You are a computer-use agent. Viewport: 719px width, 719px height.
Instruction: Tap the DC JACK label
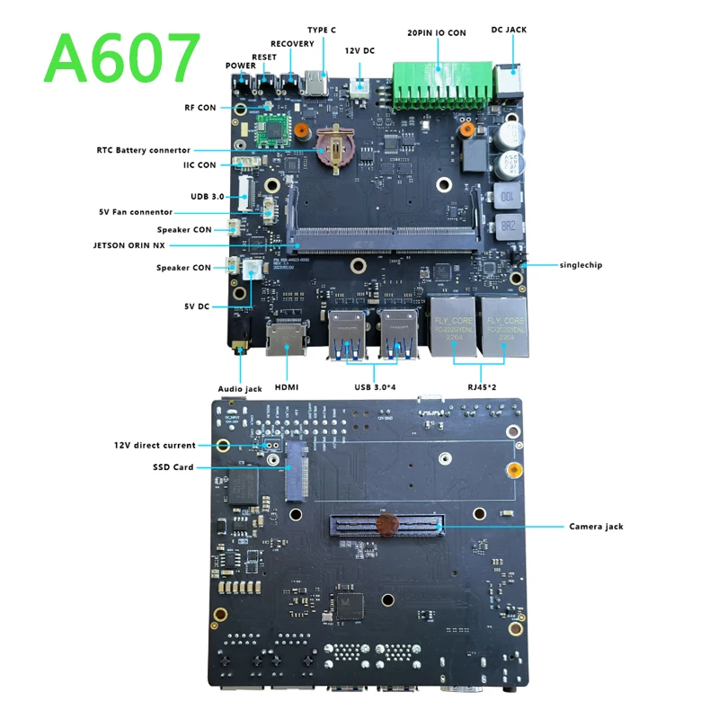(509, 30)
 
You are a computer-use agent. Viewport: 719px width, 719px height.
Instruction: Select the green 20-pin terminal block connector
(443, 86)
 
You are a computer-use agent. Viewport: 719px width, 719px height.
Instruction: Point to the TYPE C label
(321, 30)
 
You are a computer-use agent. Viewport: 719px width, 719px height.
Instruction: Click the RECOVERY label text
(292, 43)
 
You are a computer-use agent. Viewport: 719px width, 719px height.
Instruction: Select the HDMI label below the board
(286, 387)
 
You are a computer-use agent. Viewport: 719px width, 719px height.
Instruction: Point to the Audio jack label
(240, 388)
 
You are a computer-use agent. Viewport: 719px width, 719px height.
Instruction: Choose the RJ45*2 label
(481, 387)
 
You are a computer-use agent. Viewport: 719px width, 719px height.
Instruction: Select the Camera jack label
(596, 526)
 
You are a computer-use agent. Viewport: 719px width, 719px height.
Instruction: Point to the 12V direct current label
(155, 445)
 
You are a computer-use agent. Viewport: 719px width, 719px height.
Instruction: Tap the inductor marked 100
(508, 196)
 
